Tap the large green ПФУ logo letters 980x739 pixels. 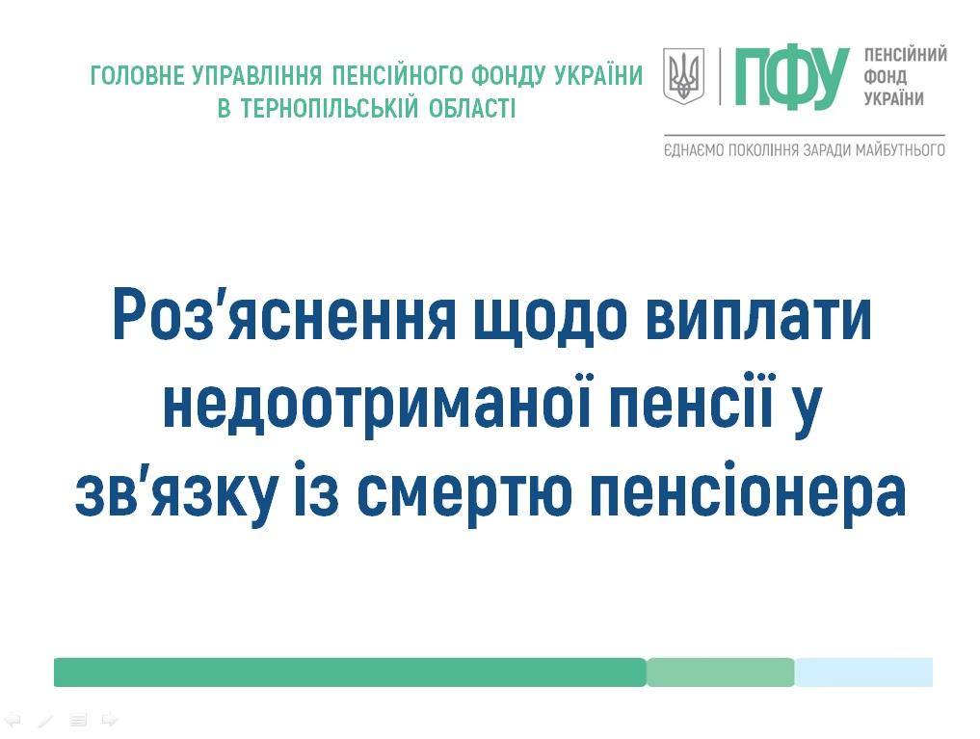coord(792,77)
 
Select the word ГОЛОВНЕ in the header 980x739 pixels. coord(138,75)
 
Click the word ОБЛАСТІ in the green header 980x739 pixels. coord(472,109)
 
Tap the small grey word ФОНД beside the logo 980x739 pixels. coord(885,77)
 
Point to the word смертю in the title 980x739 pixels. coord(465,493)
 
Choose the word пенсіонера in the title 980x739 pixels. coord(748,493)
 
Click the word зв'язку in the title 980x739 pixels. coord(175,493)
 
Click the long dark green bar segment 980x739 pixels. coord(350,673)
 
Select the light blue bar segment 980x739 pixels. coord(863,673)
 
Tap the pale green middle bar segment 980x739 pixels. coord(721,673)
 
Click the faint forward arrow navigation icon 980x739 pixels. coord(110,720)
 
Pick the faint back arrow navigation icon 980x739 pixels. coord(13,720)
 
